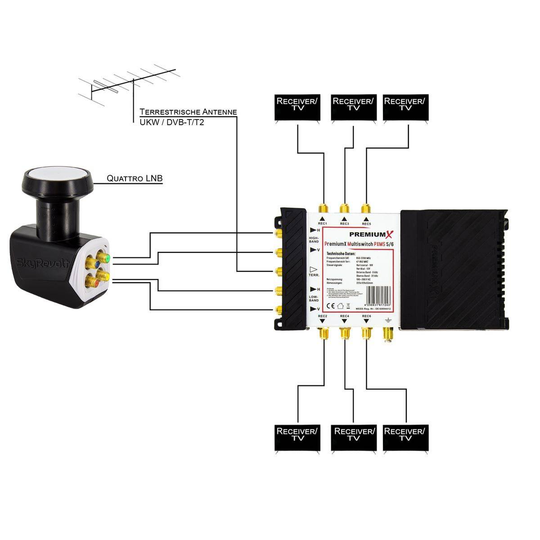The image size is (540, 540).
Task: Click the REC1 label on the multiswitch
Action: pos(322,224)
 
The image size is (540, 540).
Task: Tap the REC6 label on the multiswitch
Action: pos(366,316)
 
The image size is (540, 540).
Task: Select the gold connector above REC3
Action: pos(345,208)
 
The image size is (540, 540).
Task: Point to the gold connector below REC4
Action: pos(345,333)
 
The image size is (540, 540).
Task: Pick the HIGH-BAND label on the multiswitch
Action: pos(314,239)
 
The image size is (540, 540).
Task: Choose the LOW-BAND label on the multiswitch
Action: pos(314,298)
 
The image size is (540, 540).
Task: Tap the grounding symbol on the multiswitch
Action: pos(387,320)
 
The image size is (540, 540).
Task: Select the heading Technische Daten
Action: pos(341,254)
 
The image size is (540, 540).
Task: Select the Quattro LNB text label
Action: pos(135,179)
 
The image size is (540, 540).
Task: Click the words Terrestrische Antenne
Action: pos(188,112)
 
